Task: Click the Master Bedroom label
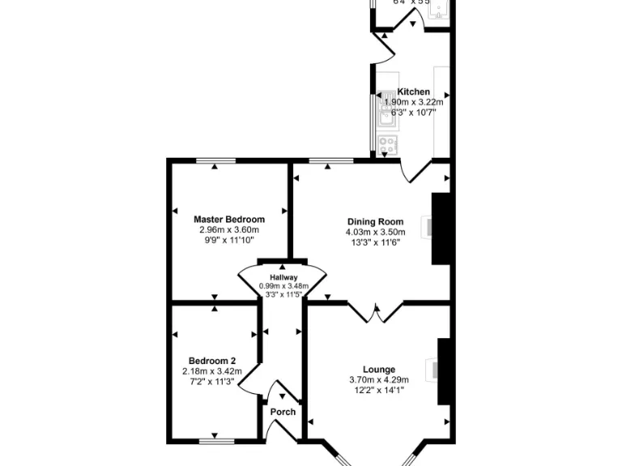tap(229, 219)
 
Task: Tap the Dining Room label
tap(375, 222)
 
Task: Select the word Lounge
tap(378, 369)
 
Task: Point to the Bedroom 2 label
tap(212, 361)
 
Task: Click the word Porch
tap(283, 412)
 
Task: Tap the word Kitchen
tap(413, 92)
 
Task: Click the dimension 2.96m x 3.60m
tap(229, 230)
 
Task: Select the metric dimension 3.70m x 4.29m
tap(378, 379)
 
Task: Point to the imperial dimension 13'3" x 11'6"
tap(375, 242)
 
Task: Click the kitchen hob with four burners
tap(387, 145)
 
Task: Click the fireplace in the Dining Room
tap(440, 228)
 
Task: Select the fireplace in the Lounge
tap(444, 371)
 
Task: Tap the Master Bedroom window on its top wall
tap(215, 161)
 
